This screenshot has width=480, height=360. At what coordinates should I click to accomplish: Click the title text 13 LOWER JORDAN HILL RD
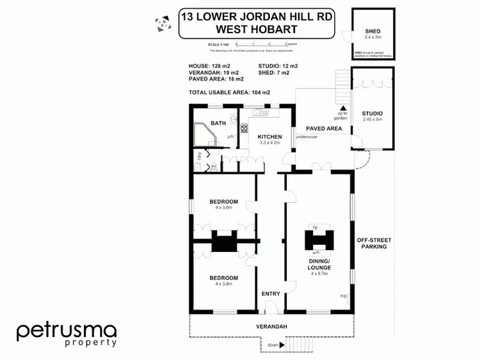(257, 15)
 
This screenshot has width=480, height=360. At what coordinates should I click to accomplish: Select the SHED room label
(372, 31)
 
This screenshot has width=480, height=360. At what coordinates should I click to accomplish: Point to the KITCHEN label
(269, 137)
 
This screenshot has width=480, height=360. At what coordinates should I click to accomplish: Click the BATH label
(218, 123)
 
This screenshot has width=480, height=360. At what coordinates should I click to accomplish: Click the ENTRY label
(271, 293)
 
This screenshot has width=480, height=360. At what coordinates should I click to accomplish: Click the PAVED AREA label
(323, 129)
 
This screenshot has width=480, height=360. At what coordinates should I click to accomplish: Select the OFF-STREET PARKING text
(373, 243)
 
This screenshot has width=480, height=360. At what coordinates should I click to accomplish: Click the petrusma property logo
(67, 334)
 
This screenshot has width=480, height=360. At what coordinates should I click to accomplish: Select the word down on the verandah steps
(273, 345)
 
